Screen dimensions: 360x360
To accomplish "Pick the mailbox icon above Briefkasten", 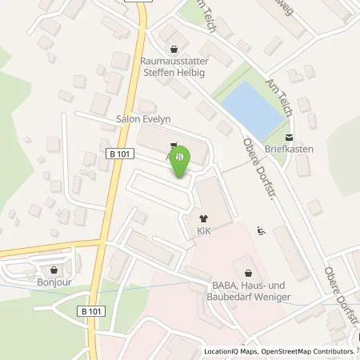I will click(x=290, y=137).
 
